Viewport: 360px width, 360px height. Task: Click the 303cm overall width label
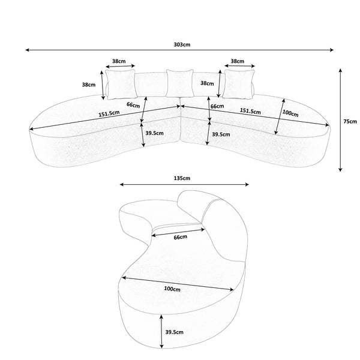pyautogui.click(x=180, y=44)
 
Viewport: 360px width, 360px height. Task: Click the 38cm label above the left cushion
pyautogui.click(x=119, y=61)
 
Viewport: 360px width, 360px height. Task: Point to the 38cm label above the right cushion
pyautogui.click(x=238, y=61)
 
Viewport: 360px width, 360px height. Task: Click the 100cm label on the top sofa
pyautogui.click(x=290, y=113)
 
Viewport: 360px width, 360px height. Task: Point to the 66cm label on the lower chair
pyautogui.click(x=181, y=237)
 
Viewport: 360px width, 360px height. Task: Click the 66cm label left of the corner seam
pyautogui.click(x=133, y=105)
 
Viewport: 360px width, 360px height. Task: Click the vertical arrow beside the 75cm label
pyautogui.click(x=340, y=120)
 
